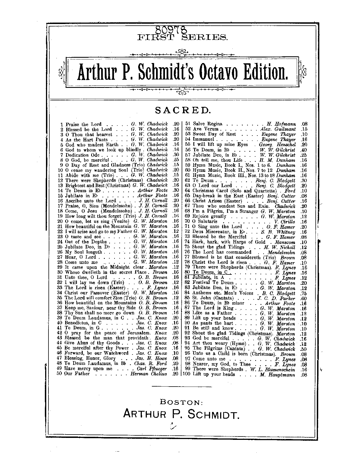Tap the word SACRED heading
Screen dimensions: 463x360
pyautogui.click(x=182, y=110)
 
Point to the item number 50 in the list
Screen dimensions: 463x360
pyautogui.click(x=59, y=373)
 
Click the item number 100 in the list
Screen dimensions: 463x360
pyautogui.click(x=186, y=374)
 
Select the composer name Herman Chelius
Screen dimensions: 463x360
pyautogui.click(x=149, y=373)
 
